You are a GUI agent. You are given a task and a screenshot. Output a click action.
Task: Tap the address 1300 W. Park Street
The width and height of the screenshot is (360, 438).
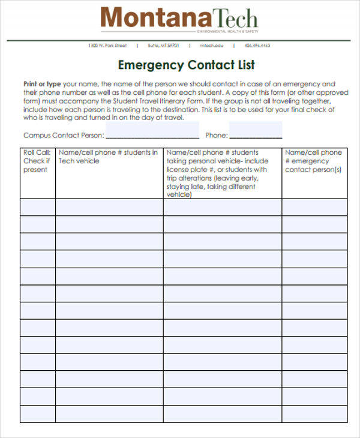pos(107,46)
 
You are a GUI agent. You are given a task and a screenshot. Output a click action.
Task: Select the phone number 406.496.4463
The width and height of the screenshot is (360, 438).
pos(257,46)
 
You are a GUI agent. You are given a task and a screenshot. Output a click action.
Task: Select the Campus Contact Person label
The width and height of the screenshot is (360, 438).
pos(63,136)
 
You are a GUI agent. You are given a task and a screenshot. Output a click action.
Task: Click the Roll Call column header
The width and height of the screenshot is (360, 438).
pos(37,161)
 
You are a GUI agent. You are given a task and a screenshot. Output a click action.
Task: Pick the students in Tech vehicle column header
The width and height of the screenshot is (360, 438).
pos(109,157)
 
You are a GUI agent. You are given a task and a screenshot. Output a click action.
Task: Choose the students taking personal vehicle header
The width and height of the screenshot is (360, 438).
pos(221,173)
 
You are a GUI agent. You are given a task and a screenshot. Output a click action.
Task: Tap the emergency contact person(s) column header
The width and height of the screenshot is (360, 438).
pos(313,161)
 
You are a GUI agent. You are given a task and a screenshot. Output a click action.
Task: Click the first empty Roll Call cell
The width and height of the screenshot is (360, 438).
pos(38,207)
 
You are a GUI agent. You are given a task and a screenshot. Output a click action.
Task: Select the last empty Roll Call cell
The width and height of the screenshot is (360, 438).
pos(38,415)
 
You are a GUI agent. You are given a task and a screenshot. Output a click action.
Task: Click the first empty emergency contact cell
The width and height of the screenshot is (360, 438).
pos(314,207)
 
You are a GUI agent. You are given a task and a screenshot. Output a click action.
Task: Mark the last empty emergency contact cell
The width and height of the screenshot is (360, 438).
pos(314,415)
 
